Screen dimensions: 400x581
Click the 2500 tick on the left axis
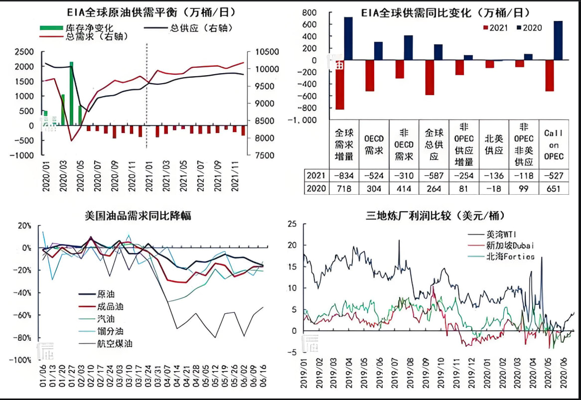coord(24,52)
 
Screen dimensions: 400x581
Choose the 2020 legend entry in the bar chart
coord(529,28)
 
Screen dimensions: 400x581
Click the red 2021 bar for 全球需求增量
coord(339,85)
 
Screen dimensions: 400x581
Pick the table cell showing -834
coord(344,175)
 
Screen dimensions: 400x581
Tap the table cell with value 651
coord(553,188)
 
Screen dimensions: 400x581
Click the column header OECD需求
coord(374,143)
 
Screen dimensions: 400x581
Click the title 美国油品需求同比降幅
coord(138,216)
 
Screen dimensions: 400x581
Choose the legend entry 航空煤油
coord(114,343)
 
